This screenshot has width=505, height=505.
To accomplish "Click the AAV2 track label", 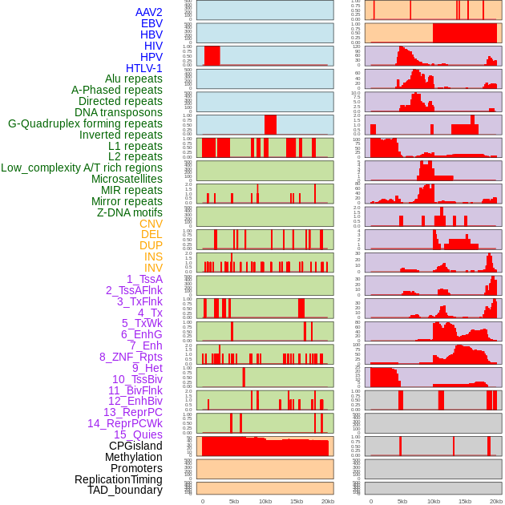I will click(148, 12).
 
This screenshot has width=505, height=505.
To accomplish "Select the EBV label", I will click(151, 23).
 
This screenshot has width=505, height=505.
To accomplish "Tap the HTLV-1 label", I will click(143, 68).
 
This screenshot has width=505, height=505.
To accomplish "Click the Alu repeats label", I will click(133, 79).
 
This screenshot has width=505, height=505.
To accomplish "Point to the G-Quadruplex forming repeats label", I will click(85, 123).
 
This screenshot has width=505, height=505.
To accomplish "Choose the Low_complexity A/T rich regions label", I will click(81, 168).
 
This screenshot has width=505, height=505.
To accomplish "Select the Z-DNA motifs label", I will click(129, 212).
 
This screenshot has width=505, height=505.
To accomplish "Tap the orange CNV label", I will click(151, 224).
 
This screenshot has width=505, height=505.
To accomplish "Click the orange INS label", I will click(153, 257).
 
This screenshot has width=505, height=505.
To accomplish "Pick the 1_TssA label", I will click(144, 279).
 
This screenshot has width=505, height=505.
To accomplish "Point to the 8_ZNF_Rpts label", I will click(131, 357).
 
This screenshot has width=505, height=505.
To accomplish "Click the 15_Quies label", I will click(138, 434).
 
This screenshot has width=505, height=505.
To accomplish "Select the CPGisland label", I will click(135, 446).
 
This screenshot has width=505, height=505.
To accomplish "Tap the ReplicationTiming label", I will click(118, 479).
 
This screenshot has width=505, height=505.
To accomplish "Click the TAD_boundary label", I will click(124, 490).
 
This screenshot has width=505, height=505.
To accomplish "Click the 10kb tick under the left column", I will click(265, 501).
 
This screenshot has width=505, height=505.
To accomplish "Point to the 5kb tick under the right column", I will click(402, 501).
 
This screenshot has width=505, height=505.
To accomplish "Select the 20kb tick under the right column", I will click(496, 501).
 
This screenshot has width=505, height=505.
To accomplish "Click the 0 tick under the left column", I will click(202, 501).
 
